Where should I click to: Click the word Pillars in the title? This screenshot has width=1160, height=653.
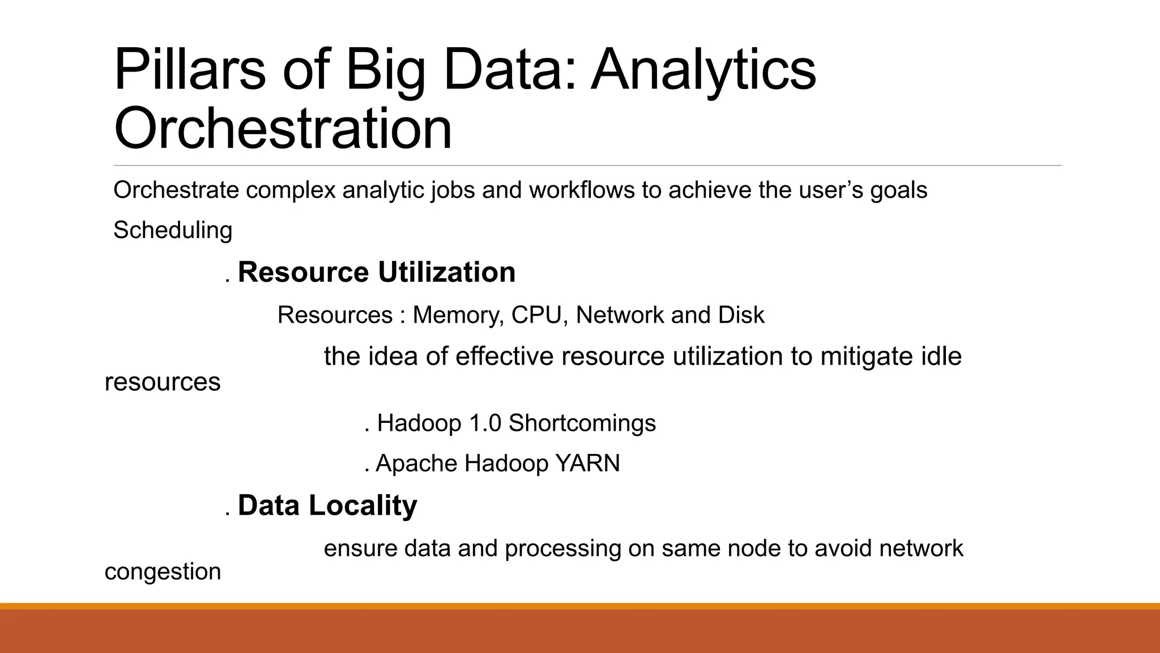click(x=189, y=70)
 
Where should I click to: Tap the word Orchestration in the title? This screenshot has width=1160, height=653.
click(x=283, y=129)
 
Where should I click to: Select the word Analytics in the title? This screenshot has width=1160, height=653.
click(x=703, y=70)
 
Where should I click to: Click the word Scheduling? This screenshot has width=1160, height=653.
click(x=173, y=231)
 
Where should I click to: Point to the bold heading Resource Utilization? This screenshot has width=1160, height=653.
click(x=377, y=272)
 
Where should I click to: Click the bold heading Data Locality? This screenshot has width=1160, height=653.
click(x=327, y=505)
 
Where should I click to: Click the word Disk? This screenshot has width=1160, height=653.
click(x=741, y=315)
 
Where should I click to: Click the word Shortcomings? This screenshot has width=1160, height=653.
click(x=582, y=423)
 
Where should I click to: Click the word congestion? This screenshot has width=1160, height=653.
click(x=163, y=571)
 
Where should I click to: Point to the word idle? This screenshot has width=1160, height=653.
click(x=941, y=357)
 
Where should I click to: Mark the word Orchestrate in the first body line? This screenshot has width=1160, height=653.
click(x=176, y=190)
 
